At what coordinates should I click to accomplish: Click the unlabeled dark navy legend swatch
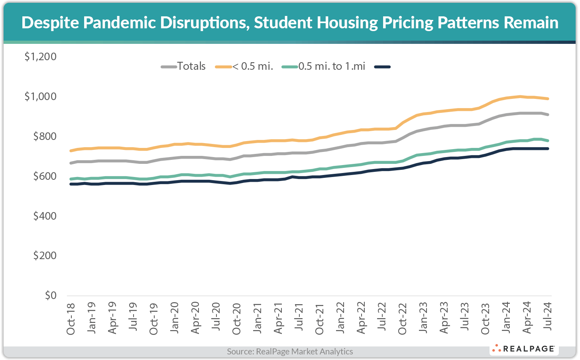382,67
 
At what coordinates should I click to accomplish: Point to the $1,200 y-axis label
40,57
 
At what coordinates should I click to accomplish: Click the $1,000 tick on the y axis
40,96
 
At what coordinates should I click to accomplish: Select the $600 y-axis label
45,176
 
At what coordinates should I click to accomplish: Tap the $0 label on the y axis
50,296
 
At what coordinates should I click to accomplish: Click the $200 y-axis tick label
45,256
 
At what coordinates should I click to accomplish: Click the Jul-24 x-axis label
548,316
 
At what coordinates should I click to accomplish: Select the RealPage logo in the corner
524,349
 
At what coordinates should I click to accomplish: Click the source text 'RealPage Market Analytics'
304,352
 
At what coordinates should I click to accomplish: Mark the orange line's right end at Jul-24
548,99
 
